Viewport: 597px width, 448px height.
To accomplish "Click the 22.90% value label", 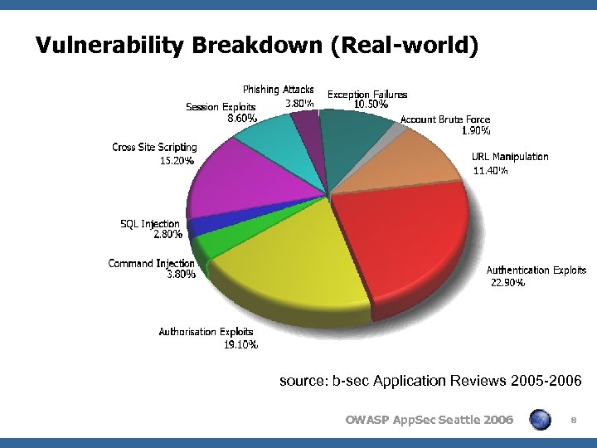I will point(507,283).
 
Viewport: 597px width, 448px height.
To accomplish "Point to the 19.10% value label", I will point(240,344).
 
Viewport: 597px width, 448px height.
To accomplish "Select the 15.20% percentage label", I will point(177,161).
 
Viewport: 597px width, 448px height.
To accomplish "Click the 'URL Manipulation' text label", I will point(510,156).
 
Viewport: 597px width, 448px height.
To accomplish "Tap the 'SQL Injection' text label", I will point(150,224).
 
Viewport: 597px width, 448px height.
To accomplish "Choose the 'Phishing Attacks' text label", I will point(278,89).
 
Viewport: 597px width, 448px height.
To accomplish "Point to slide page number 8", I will point(573,421).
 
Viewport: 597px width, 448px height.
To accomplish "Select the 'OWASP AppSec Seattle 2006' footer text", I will point(429,421).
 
